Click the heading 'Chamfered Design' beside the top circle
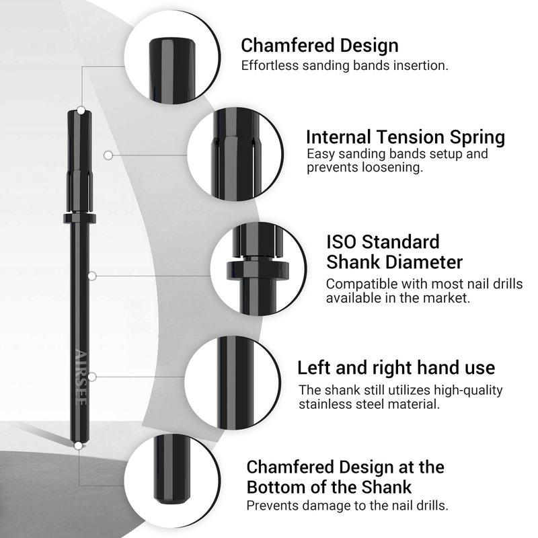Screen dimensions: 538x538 coord(319,46)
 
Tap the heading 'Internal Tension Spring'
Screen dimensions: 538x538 coord(406,137)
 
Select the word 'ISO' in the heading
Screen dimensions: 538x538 coord(341,241)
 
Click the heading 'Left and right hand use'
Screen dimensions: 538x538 coord(396,367)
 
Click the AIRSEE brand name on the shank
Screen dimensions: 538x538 coord(81,377)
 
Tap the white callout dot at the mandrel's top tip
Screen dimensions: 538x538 coord(81,110)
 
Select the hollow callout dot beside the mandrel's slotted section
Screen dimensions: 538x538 coord(108,155)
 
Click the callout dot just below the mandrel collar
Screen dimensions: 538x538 coord(92,276)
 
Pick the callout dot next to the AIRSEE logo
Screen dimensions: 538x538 coord(92,377)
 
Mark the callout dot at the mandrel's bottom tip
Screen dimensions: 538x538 coord(79,446)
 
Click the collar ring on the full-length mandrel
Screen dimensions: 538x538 coord(79,219)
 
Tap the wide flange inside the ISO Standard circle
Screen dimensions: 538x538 coord(258,270)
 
